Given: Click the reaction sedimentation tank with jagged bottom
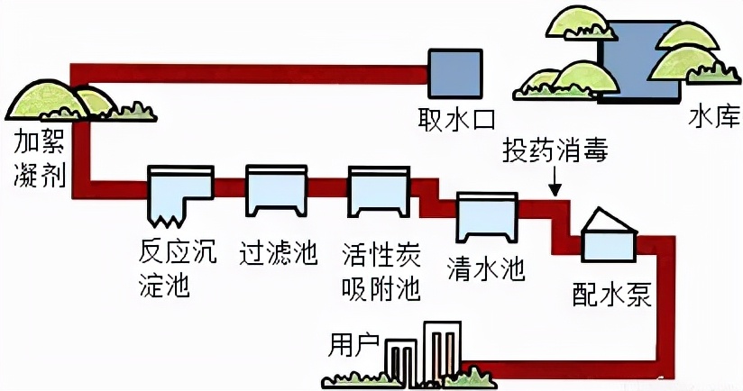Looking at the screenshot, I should (179, 193).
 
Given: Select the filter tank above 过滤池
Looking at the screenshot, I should (272, 191).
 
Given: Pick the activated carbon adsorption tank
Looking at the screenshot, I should (380, 192).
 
